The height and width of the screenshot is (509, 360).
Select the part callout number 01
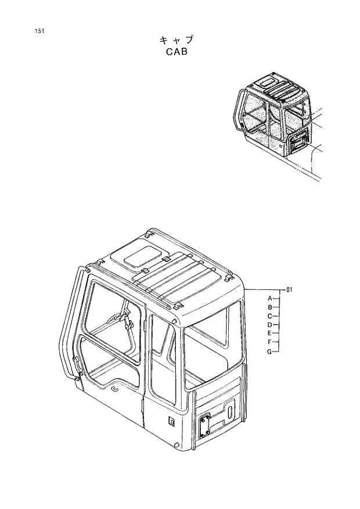[291, 289]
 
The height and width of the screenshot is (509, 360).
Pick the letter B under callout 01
[270, 307]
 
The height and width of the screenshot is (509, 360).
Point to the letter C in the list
[270, 316]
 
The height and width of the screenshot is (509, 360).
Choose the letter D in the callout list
[270, 325]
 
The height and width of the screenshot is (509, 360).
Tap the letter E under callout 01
[270, 334]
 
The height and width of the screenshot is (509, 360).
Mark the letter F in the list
[270, 342]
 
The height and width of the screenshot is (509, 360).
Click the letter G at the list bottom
[270, 352]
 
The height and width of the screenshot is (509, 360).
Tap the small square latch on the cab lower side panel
[171, 420]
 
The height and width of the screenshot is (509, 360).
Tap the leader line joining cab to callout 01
[265, 289]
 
